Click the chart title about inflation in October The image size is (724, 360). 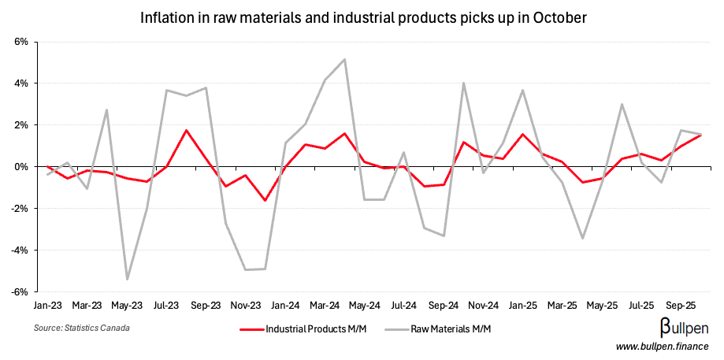coord(363,17)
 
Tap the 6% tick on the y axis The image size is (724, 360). coord(22,42)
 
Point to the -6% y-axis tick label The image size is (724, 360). coord(20,291)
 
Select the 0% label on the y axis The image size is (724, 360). coord(22,167)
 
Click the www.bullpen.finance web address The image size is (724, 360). coord(662,347)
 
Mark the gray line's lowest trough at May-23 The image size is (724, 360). coord(127,280)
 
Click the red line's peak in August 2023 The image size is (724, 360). coord(186,130)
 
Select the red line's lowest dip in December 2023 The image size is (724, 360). coord(265,201)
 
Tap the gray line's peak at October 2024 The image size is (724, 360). coord(464,83)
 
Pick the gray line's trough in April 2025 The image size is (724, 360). coord(583,238)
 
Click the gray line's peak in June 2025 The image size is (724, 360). coord(622,104)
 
